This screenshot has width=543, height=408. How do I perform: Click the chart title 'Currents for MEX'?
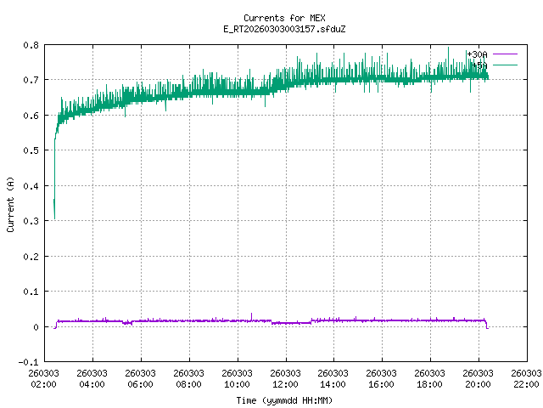click(271, 18)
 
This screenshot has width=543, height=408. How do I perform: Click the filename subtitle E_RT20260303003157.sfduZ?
click(271, 29)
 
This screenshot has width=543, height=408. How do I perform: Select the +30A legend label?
click(477, 54)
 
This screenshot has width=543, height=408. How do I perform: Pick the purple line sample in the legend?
click(504, 54)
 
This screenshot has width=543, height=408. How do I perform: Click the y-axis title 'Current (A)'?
click(10, 203)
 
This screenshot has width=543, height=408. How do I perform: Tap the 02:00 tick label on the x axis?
click(43, 378)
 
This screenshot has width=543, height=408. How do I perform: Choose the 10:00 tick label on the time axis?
click(237, 378)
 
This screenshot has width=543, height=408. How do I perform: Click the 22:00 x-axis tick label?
click(527, 378)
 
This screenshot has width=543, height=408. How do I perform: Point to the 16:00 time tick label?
click(382, 378)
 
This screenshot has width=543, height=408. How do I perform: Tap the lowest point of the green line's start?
click(54, 218)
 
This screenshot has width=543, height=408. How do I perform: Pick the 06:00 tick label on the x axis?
click(140, 378)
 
